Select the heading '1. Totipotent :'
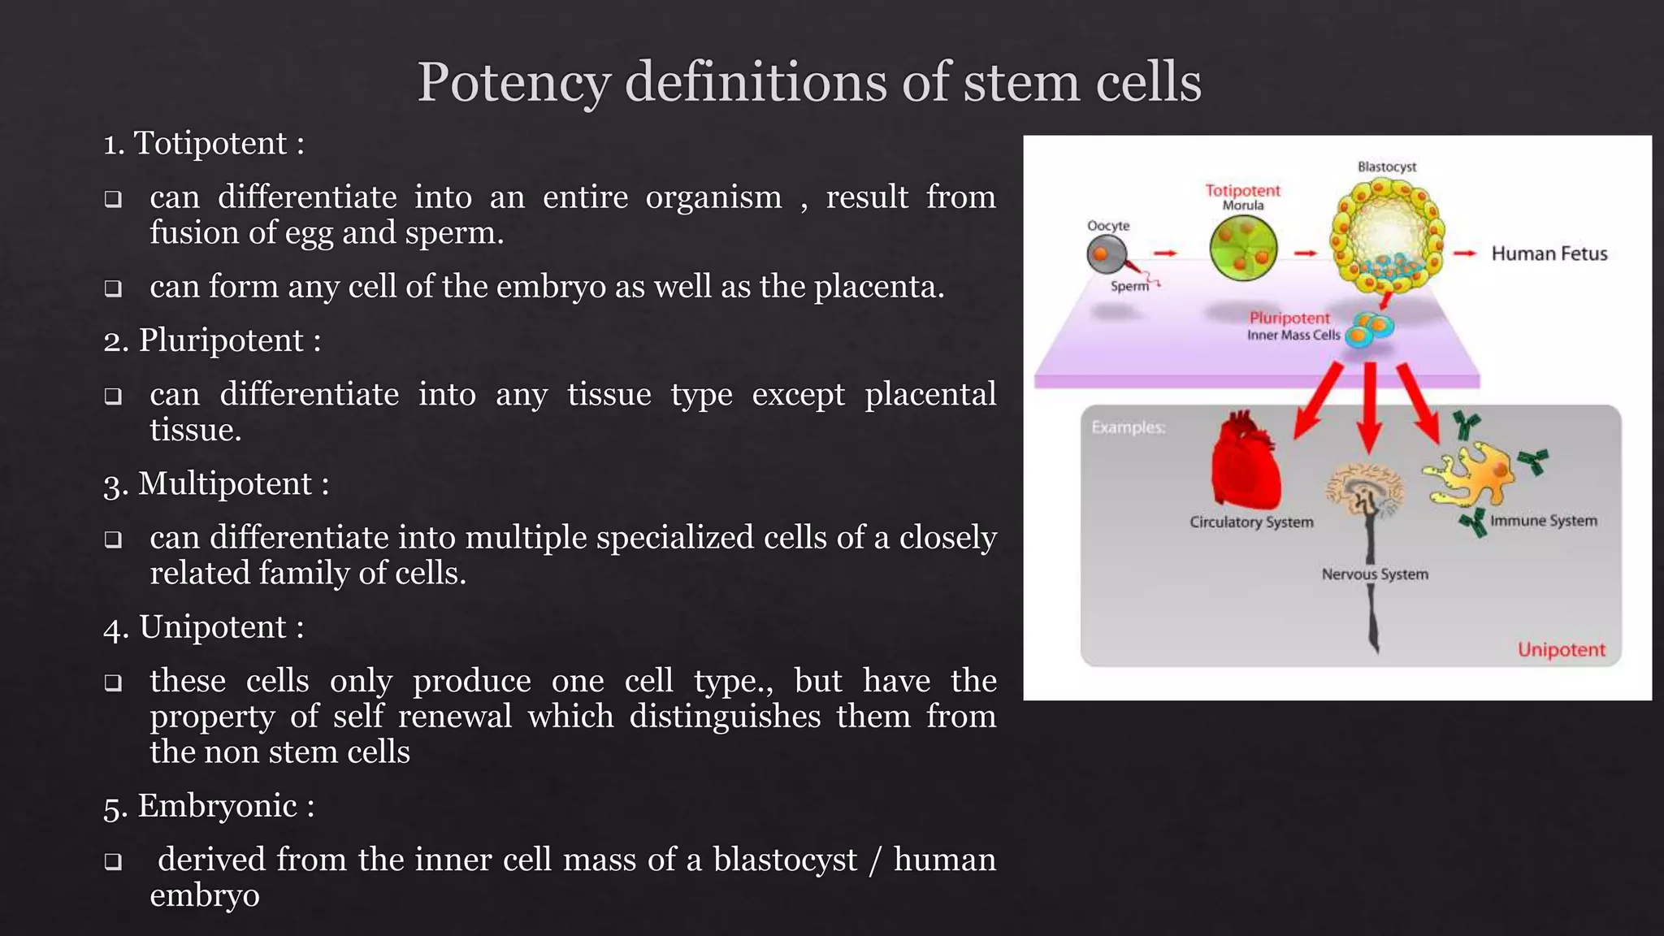pyautogui.click(x=204, y=144)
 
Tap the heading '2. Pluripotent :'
pyautogui.click(x=213, y=340)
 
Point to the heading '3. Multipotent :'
pyautogui.click(x=217, y=484)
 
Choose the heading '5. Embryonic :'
pyautogui.click(x=210, y=806)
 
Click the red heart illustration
pyautogui.click(x=1244, y=462)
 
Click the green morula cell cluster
pyautogui.click(x=1243, y=249)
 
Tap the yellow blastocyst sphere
pyautogui.click(x=1386, y=236)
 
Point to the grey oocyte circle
pyautogui.click(x=1105, y=255)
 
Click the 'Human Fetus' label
pyautogui.click(x=1549, y=254)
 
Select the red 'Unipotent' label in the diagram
pyautogui.click(x=1561, y=650)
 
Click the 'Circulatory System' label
pyautogui.click(x=1251, y=522)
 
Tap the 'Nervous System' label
pyautogui.click(x=1374, y=574)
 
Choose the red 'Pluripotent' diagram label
pyautogui.click(x=1289, y=318)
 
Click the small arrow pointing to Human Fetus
pyautogui.click(x=1464, y=253)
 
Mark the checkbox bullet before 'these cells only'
pyautogui.click(x=114, y=682)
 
